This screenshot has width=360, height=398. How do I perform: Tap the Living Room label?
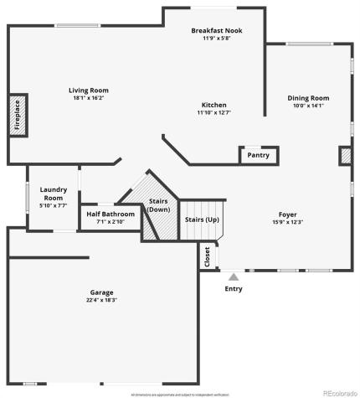pos(88,90)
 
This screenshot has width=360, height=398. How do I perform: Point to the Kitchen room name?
pos(213,105)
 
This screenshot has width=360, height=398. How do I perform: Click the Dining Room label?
pos(308,98)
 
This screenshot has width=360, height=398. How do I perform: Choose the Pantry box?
pos(258,155)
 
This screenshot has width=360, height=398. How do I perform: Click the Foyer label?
pos(287,215)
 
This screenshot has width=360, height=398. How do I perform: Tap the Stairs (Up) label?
pos(202,220)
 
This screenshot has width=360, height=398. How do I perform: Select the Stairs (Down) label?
pos(158,205)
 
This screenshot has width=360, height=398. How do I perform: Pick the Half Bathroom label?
pos(111,214)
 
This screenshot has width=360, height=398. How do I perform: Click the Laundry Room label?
pos(53,194)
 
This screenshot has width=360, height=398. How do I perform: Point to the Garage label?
pos(102,292)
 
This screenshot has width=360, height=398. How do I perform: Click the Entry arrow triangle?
pos(234,276)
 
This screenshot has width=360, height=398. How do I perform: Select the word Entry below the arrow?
pos(234,289)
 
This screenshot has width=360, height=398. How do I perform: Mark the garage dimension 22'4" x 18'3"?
pos(102,300)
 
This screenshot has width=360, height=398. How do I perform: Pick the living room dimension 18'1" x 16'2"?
pos(88,98)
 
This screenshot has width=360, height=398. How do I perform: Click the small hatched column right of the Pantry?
pos(344,156)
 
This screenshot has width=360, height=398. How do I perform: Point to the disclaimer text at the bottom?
pos(180,393)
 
